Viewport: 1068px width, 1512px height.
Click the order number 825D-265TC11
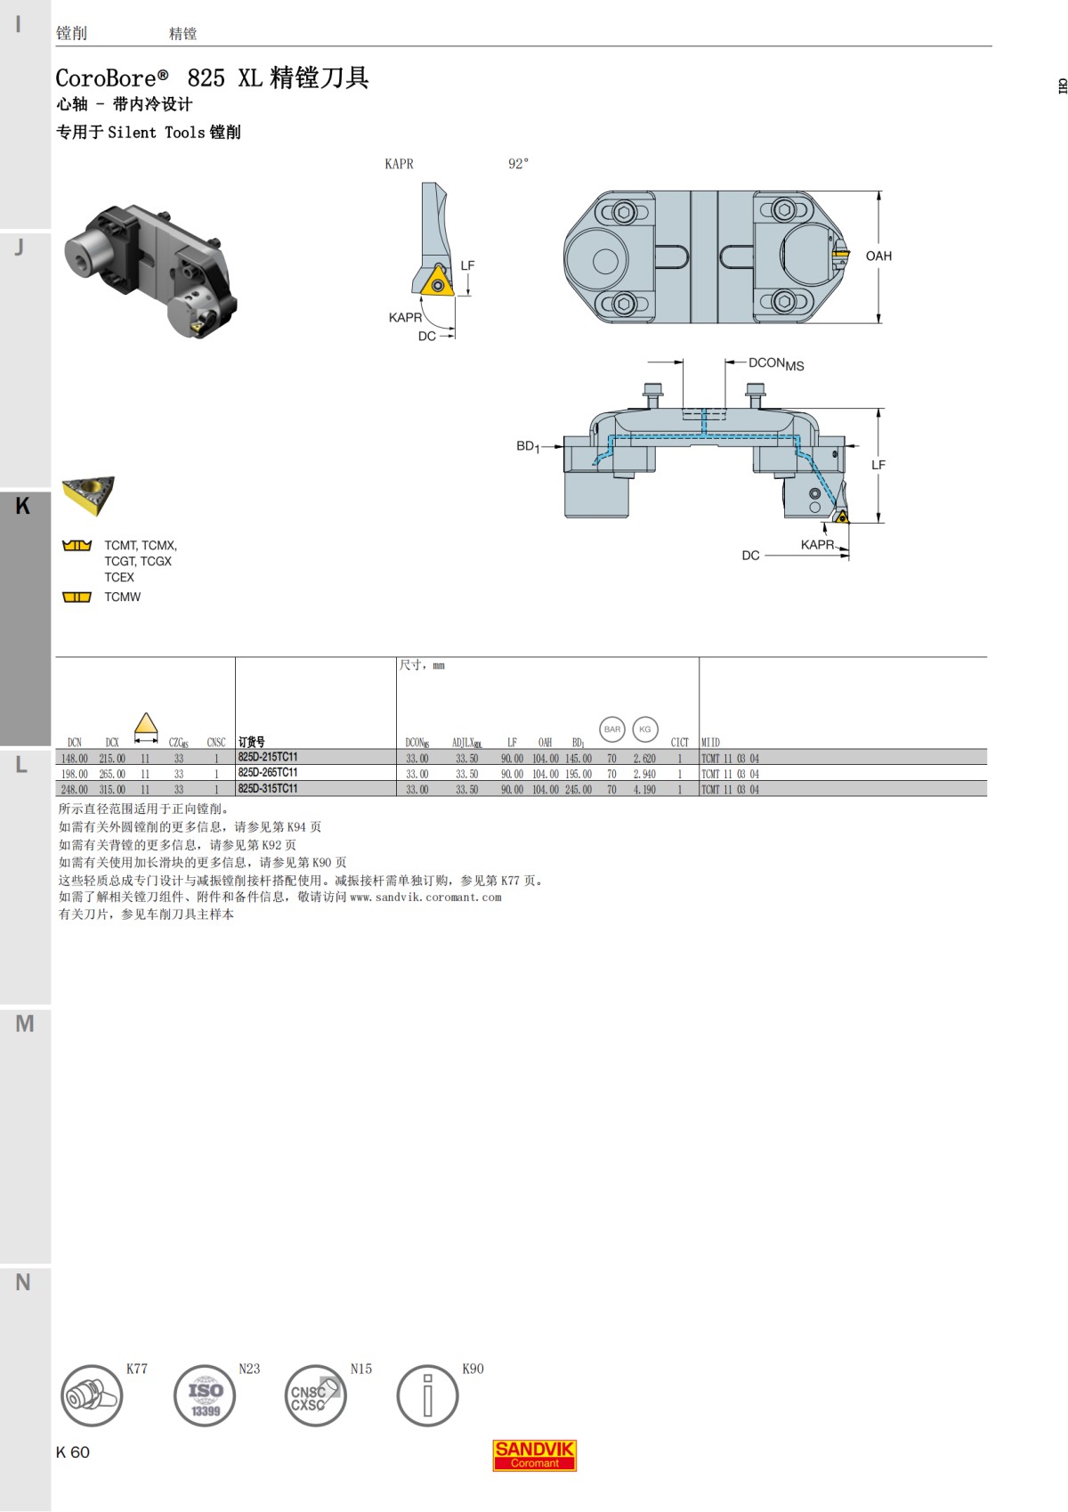point(268,773)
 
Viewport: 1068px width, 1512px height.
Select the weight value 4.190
point(644,790)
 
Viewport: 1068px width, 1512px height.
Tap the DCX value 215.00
point(112,759)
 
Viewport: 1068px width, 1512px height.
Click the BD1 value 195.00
point(578,775)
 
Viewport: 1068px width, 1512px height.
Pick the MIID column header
point(710,742)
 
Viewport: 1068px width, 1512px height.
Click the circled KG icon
point(645,729)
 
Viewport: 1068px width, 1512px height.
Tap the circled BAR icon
point(612,729)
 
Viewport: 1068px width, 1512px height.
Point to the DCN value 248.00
point(75,790)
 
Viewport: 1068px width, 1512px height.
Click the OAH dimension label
point(878,256)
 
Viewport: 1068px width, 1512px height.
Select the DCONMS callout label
point(775,363)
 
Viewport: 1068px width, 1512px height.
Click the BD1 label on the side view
point(528,446)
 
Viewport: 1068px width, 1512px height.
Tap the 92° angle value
point(518,164)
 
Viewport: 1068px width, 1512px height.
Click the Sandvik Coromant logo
point(535,1455)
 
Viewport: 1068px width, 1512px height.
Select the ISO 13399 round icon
point(205,1395)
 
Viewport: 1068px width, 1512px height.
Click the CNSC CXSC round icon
point(315,1395)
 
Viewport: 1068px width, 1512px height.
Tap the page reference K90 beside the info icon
point(473,1369)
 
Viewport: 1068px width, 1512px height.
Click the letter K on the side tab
point(23,506)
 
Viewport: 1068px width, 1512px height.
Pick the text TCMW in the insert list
point(122,597)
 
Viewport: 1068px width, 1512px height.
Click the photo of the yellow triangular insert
point(88,495)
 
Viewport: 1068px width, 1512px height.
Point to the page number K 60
point(73,1452)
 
